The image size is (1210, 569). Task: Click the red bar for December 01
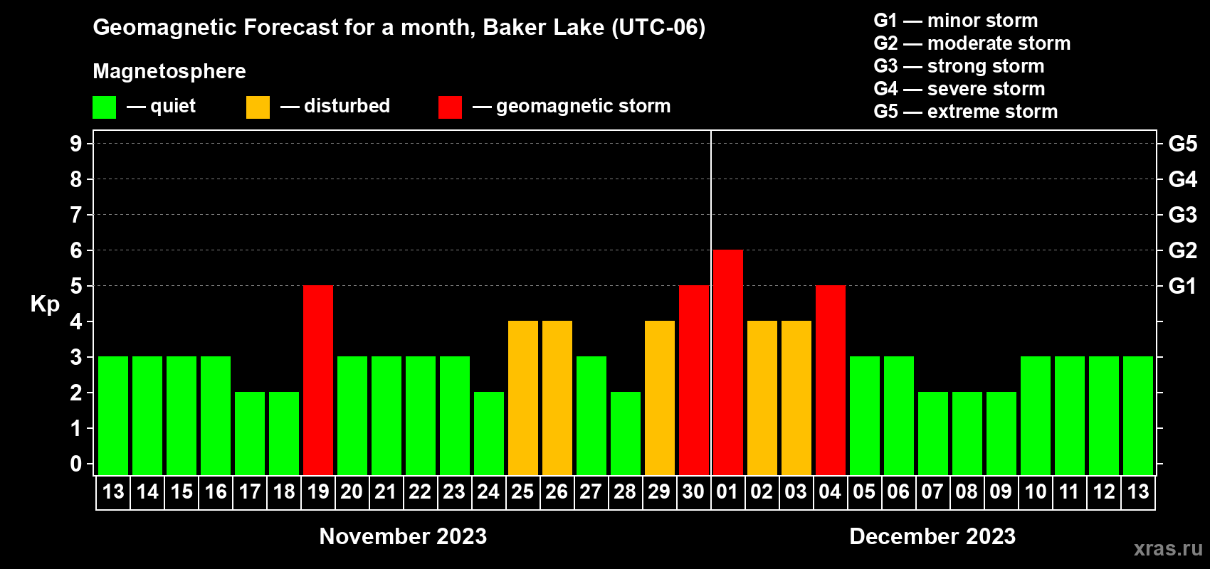[727, 362]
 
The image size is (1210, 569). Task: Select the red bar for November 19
[318, 380]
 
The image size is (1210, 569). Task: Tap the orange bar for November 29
[660, 398]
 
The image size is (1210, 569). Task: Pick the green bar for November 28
[626, 433]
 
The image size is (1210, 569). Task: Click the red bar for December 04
[830, 380]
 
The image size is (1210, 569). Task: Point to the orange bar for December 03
[796, 398]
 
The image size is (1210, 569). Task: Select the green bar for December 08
[967, 433]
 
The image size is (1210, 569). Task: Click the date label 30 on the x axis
[693, 491]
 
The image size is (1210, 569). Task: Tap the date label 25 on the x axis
[522, 491]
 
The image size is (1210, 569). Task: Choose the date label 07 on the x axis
[932, 491]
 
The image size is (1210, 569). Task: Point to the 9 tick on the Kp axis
[76, 144]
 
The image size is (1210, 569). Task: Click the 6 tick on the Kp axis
[76, 250]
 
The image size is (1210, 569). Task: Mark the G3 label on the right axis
[1182, 215]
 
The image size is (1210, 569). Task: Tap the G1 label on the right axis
[1182, 286]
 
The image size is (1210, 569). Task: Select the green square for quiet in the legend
[104, 107]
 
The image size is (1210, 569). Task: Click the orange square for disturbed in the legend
[258, 107]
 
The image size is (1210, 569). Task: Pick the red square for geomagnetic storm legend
[451, 107]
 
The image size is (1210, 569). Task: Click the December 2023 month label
[932, 536]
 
